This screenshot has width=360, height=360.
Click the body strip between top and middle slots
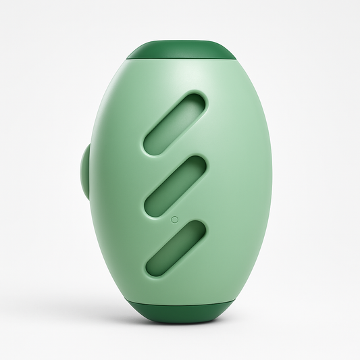[177, 153]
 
